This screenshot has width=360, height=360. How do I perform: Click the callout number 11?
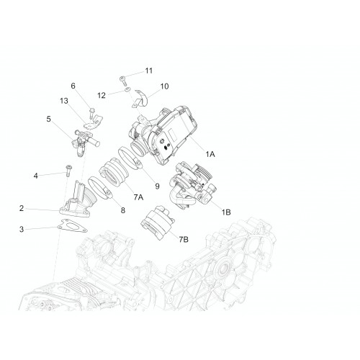click(x=149, y=71)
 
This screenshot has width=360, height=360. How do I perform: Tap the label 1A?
click(x=210, y=154)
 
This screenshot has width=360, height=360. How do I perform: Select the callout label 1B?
click(x=226, y=212)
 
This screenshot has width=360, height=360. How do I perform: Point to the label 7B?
click(x=184, y=239)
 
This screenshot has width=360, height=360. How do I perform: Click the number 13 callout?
click(x=64, y=101)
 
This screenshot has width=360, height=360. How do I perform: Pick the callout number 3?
click(x=22, y=229)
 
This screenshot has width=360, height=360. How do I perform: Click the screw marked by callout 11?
click(x=123, y=81)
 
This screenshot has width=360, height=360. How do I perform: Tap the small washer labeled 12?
click(x=127, y=90)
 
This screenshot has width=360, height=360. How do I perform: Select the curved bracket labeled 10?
click(x=141, y=99)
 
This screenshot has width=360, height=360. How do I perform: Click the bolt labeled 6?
click(x=91, y=113)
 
